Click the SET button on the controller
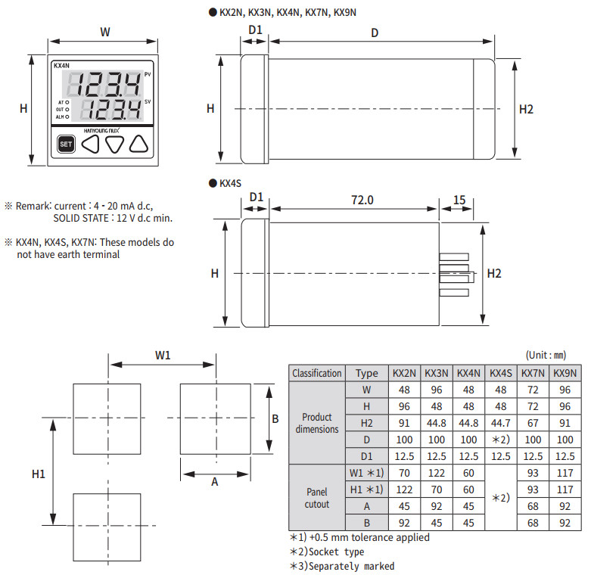point(66,144)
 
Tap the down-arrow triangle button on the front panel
point(114,144)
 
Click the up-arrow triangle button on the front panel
point(139,144)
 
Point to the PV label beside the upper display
point(148,74)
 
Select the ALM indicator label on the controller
point(61,117)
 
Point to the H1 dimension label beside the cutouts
point(39,474)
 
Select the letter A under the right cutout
point(214,483)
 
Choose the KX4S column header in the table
point(502,373)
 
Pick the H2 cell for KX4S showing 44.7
point(502,422)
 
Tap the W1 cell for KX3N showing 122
point(437,472)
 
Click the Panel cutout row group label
point(317,497)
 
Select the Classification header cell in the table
point(317,373)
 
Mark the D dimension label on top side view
point(375,33)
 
